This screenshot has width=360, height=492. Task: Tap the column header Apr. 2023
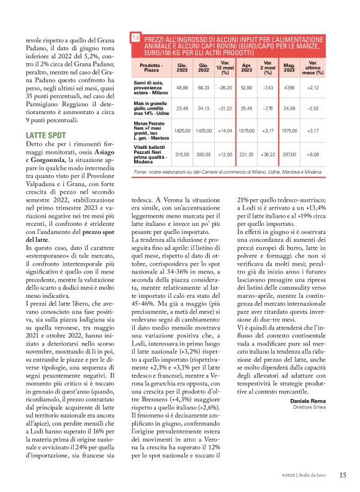(x=246, y=67)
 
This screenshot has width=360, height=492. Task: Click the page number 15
(x=343, y=475)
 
